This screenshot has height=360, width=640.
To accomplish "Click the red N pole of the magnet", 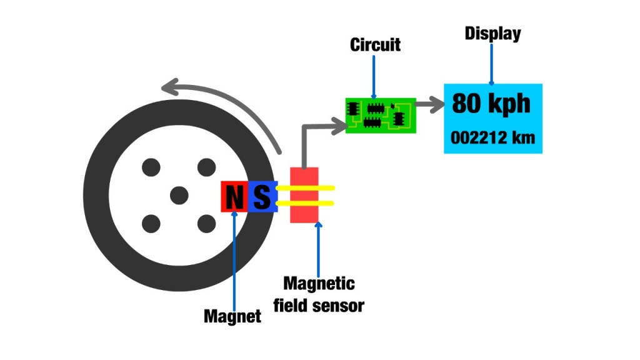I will [x=234, y=197].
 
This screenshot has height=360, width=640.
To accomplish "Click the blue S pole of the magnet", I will [x=262, y=197].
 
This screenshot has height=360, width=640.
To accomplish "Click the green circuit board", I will [x=381, y=115].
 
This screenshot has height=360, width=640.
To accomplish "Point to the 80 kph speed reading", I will [x=491, y=103].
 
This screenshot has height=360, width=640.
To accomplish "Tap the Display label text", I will [x=492, y=34].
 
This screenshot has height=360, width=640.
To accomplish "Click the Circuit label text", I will [x=375, y=45].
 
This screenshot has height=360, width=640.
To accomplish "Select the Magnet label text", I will [x=232, y=316].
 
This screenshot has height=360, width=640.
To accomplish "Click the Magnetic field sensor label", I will [x=319, y=294].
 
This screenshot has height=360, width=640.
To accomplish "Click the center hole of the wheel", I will [x=179, y=195].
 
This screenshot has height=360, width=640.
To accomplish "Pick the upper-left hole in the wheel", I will [x=151, y=167].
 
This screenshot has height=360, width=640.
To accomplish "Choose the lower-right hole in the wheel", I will [x=207, y=223].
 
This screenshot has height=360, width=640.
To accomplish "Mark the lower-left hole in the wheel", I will [x=151, y=223].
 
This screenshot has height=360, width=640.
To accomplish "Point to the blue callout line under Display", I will [x=492, y=63].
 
